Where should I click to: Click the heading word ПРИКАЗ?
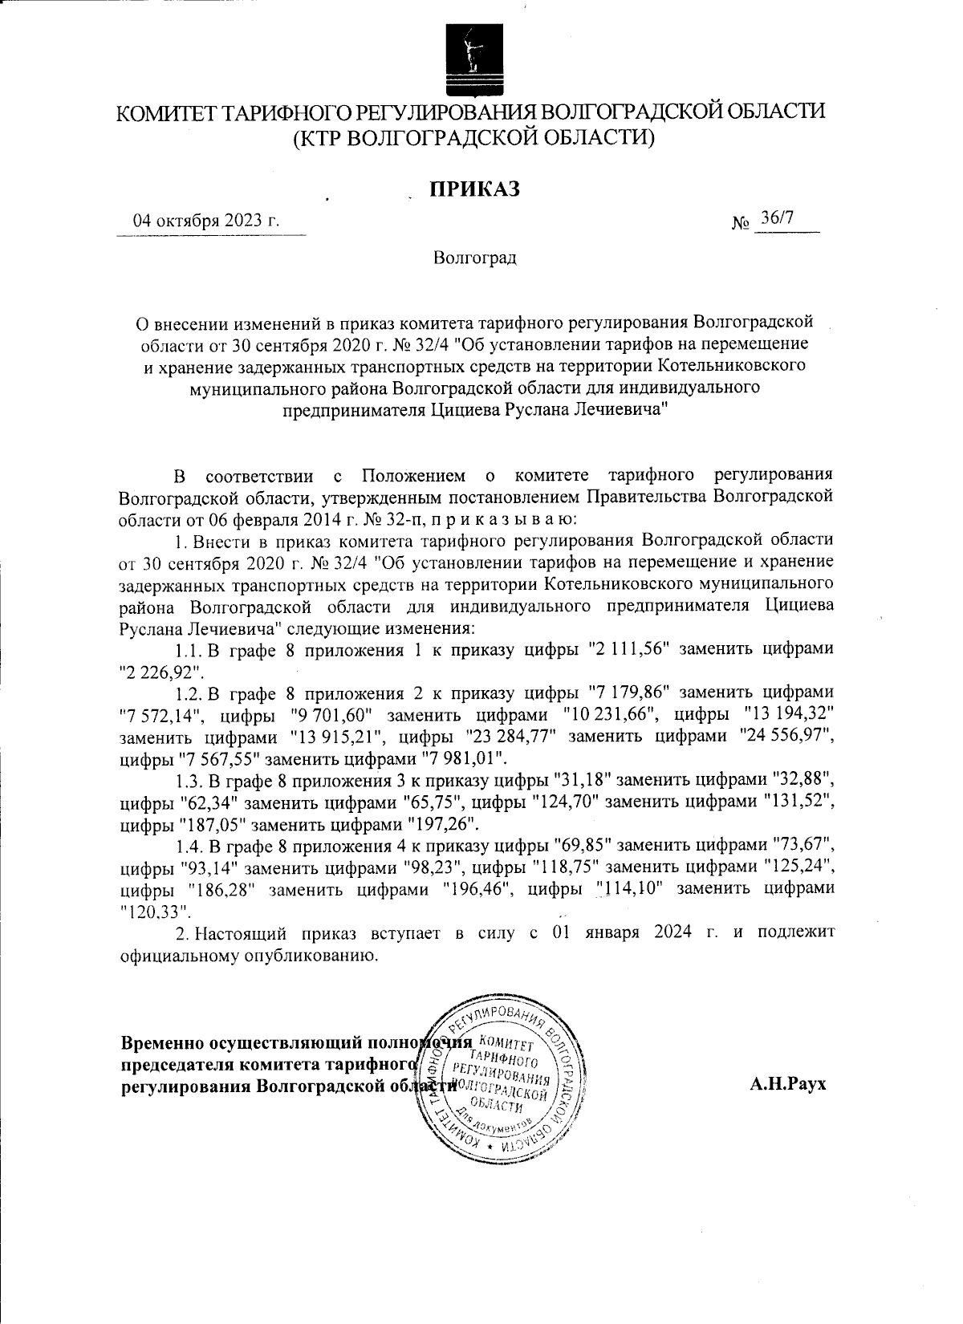[x=474, y=189]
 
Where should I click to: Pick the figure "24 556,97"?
[x=784, y=735]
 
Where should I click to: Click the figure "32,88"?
[x=804, y=779]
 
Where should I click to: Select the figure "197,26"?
[x=441, y=823]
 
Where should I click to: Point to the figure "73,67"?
[x=804, y=845]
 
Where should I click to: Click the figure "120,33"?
[x=155, y=911]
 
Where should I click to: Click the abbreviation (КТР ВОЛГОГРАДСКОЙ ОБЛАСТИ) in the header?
[x=474, y=137]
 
